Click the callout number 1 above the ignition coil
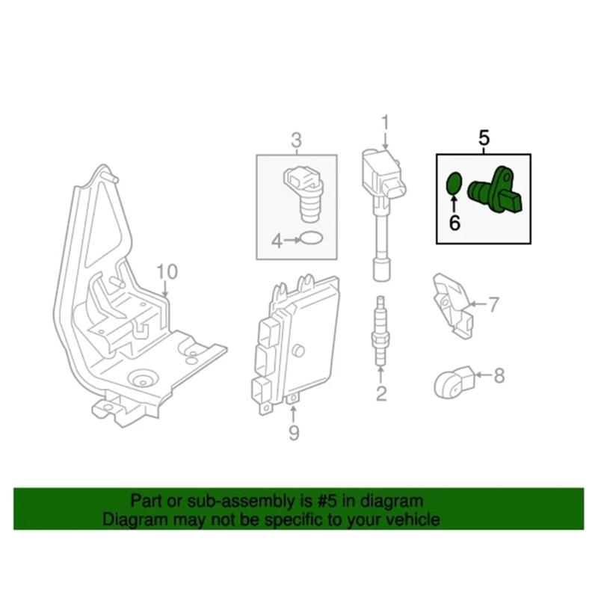[385, 120]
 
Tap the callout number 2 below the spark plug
[381, 394]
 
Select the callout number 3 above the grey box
[296, 139]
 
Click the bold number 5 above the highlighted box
[483, 138]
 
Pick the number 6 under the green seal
[453, 222]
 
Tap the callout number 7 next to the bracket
[493, 303]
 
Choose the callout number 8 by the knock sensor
[499, 374]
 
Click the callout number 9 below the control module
[294, 431]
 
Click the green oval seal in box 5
[452, 185]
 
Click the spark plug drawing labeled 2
[381, 333]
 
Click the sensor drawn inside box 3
[304, 191]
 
